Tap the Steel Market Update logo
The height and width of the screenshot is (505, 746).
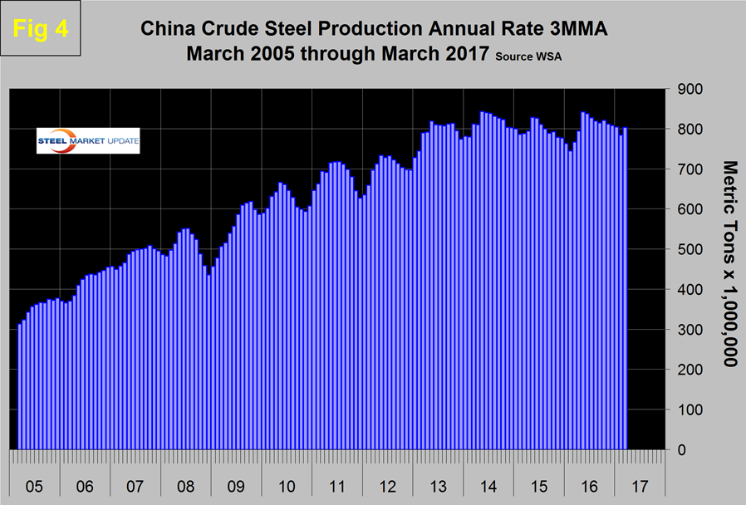(88, 141)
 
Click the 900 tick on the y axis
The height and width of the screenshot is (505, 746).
(691, 89)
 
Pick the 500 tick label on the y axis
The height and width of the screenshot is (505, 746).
(691, 249)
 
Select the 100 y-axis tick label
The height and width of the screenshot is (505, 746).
(691, 409)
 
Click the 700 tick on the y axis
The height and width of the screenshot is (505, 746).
(691, 169)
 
